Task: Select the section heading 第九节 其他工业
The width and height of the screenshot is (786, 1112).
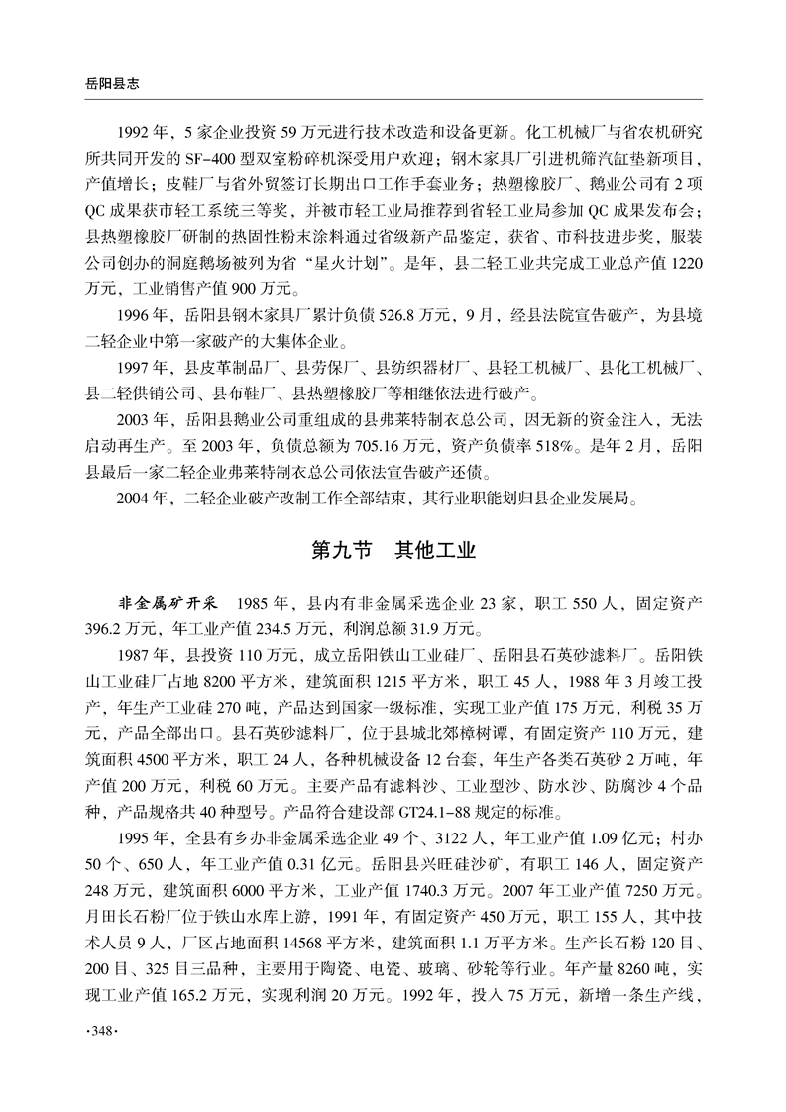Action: click(393, 551)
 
